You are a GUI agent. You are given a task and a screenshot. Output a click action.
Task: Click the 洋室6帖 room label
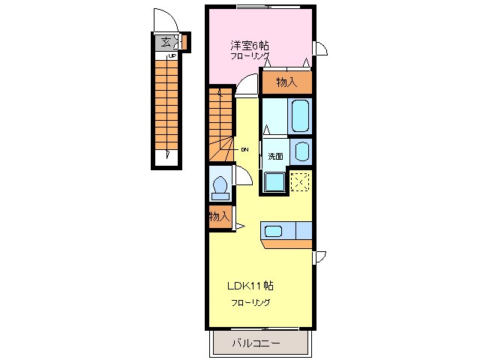click(249, 45)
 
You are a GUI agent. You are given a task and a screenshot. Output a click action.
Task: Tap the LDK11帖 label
click(250, 286)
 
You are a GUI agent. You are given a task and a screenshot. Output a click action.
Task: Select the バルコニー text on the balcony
click(255, 343)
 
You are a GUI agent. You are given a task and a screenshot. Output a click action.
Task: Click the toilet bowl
click(221, 185)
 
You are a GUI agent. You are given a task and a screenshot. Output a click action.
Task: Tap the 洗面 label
click(275, 157)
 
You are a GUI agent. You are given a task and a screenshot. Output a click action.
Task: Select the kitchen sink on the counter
click(273, 231)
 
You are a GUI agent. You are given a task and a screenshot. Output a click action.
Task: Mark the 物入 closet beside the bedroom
click(286, 82)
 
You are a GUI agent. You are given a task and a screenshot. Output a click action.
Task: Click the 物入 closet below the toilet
click(218, 217)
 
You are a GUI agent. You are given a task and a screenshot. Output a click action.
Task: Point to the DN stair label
click(244, 149)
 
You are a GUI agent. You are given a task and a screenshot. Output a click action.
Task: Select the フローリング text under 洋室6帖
click(250, 56)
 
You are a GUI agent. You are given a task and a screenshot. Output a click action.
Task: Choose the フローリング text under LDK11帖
click(250, 302)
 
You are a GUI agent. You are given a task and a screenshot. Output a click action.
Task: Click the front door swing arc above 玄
click(163, 19)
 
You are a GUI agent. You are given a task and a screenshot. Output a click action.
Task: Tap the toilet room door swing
click(243, 175)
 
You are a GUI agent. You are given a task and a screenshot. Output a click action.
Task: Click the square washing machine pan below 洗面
click(274, 181)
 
